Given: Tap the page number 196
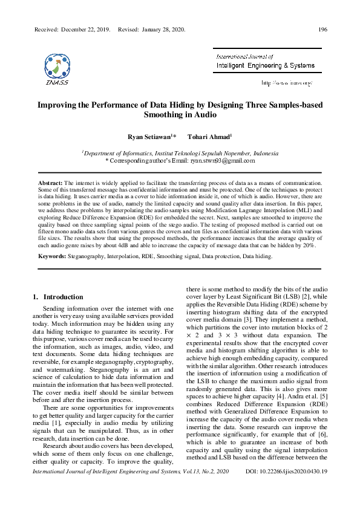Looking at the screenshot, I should click(322, 29).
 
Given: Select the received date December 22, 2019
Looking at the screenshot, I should click(84, 29).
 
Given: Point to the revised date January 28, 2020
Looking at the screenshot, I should click(160, 29).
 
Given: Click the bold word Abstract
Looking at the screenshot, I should click(50, 182).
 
